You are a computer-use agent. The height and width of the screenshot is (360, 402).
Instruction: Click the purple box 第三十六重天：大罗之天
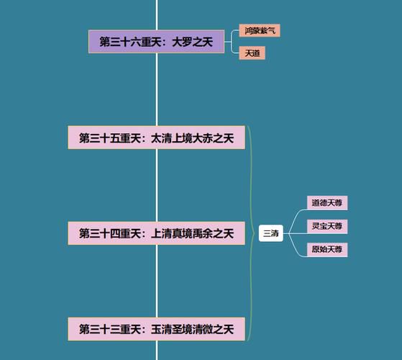[156, 42]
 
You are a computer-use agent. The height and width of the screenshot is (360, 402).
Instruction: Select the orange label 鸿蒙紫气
[260, 30]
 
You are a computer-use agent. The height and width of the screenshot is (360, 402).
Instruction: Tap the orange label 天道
[252, 53]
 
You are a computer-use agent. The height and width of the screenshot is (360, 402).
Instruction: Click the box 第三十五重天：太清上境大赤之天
[156, 138]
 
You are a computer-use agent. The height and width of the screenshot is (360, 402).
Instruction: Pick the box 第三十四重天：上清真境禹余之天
[156, 233]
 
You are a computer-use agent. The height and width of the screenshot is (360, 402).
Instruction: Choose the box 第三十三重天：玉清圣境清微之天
[156, 329]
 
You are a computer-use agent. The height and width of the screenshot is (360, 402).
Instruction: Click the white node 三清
[271, 233]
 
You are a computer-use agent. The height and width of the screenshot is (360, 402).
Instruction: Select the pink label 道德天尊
[327, 203]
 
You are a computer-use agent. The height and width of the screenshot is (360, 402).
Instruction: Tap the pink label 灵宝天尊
[327, 226]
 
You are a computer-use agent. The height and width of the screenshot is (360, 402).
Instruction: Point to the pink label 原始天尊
[327, 249]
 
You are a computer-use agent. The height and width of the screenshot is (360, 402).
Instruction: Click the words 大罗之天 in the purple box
[192, 42]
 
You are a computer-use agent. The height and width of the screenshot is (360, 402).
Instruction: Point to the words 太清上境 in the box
[172, 138]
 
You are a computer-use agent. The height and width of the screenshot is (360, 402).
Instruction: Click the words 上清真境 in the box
[172, 234]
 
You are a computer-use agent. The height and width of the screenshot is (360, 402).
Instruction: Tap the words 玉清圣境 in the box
[172, 330]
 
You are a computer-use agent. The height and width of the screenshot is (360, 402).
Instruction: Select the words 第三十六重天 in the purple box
[130, 42]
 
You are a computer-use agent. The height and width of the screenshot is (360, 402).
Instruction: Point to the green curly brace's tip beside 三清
[255, 233]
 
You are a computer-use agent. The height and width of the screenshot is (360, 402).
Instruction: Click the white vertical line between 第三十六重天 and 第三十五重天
[157, 89]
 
